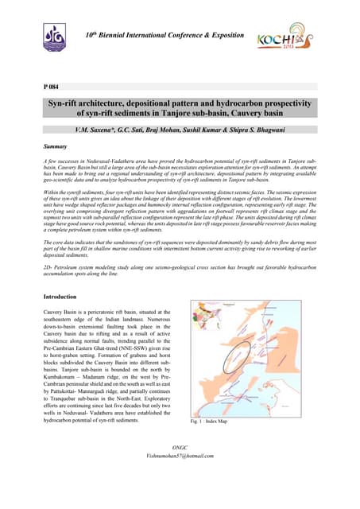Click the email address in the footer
(180, 477)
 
